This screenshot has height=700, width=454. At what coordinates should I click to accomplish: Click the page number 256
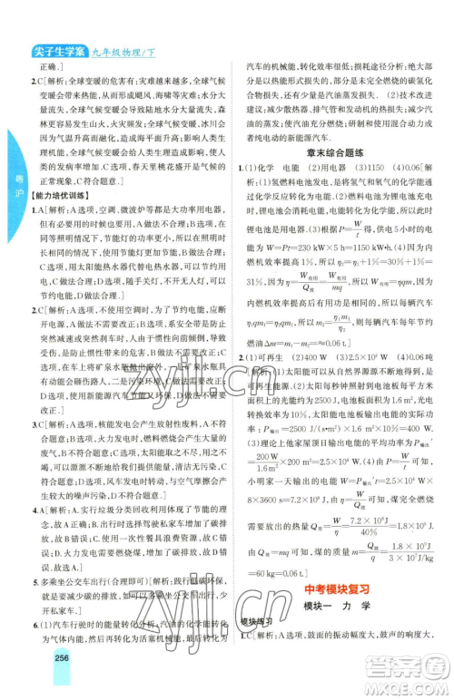point(63,684)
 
